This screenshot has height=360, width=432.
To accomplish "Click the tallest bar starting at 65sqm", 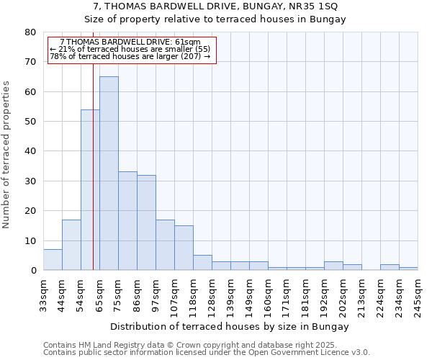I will [109, 173].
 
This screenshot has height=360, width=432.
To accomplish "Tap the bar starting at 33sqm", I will [53, 260].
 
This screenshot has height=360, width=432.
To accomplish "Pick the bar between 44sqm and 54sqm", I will [71, 245].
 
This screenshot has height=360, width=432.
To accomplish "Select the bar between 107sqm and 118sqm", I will [184, 248].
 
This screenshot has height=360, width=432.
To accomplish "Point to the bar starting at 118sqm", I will [202, 263].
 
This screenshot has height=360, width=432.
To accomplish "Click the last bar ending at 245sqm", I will [408, 269].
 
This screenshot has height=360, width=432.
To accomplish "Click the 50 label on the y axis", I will [30, 122].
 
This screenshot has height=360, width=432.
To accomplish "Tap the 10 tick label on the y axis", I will [30, 241].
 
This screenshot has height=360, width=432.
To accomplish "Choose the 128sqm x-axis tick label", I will [212, 293].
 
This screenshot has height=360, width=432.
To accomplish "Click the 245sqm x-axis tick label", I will [418, 293].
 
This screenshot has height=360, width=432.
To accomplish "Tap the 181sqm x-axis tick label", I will [305, 293].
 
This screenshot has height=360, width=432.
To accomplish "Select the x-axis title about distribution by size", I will [230, 326].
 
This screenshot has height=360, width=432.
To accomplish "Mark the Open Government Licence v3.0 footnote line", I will [207, 353].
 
